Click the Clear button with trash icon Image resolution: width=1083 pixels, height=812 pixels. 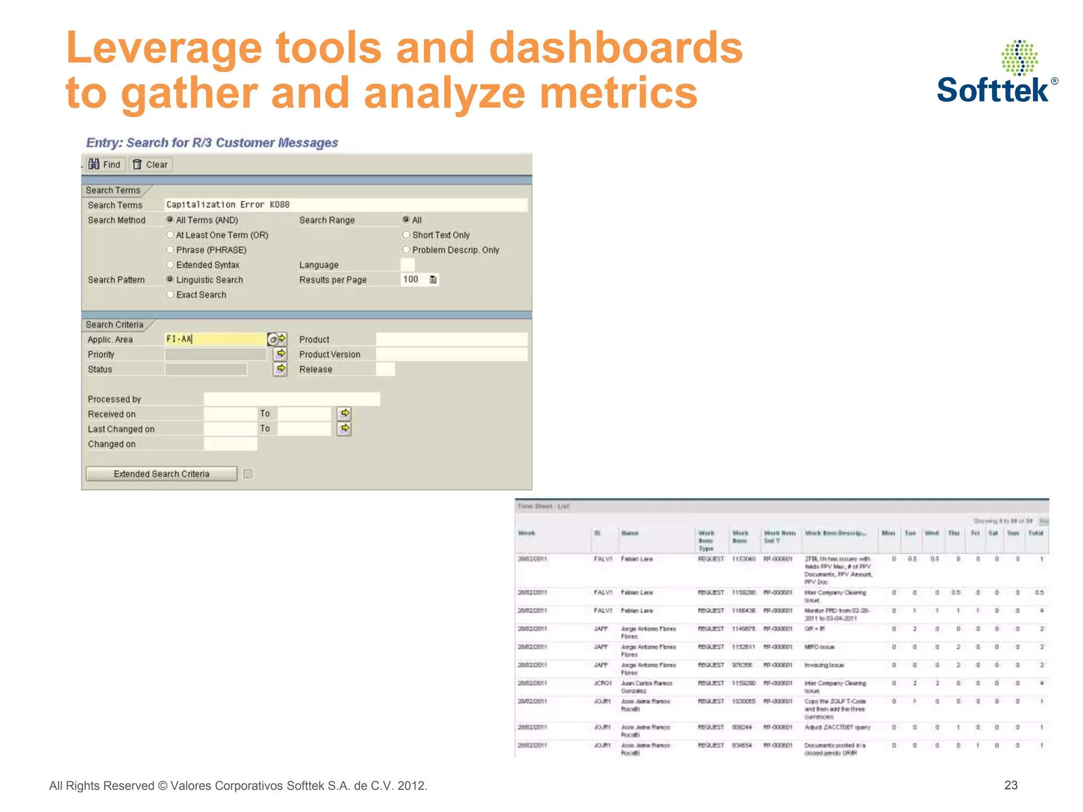pyautogui.click(x=151, y=164)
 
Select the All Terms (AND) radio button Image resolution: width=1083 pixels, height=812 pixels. pyautogui.click(x=170, y=219)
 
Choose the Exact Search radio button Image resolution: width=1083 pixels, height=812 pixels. pyautogui.click(x=170, y=294)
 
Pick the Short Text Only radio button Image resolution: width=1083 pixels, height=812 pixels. pyautogui.click(x=406, y=234)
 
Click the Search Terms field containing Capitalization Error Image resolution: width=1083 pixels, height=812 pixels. pyautogui.click(x=345, y=205)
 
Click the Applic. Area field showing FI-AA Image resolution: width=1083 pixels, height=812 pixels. pyautogui.click(x=215, y=339)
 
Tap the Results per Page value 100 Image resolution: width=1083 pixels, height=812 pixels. pyautogui.click(x=411, y=279)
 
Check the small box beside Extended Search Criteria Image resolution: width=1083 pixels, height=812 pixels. pyautogui.click(x=247, y=474)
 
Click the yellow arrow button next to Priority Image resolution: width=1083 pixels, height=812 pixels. pyautogui.click(x=281, y=353)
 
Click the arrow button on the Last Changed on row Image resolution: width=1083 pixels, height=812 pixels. pyautogui.click(x=344, y=428)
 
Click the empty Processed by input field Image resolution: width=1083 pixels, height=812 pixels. pyautogui.click(x=291, y=399)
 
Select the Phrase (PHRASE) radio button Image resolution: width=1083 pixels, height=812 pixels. pyautogui.click(x=170, y=250)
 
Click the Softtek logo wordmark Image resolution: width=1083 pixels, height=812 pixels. pyautogui.click(x=993, y=90)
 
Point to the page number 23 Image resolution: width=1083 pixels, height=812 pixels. pyautogui.click(x=1011, y=785)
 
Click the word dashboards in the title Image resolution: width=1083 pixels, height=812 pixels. pyautogui.click(x=616, y=48)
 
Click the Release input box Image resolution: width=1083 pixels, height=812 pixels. pyautogui.click(x=385, y=369)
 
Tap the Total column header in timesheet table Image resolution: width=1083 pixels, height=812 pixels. pyautogui.click(x=1035, y=533)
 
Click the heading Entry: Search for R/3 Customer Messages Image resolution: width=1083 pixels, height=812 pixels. pyautogui.click(x=212, y=143)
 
